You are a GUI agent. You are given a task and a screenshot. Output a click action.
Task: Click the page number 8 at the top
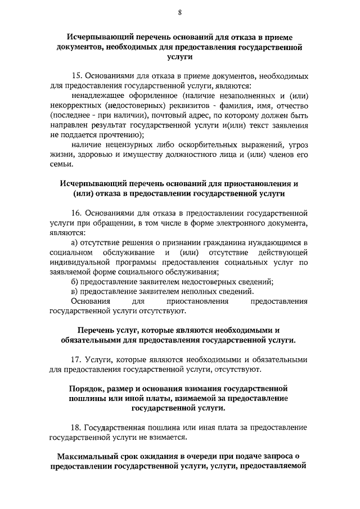point(179,12)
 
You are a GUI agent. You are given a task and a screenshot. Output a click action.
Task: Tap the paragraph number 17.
point(78,359)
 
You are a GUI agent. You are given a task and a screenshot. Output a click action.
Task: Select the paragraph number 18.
point(78,427)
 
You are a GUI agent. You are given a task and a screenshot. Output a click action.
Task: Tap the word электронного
point(232,224)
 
